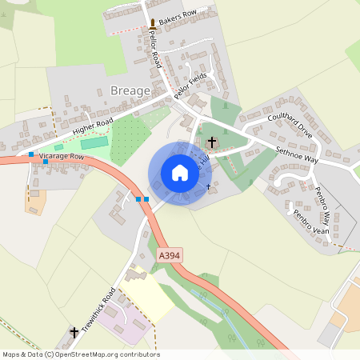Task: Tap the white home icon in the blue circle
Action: [x=180, y=173]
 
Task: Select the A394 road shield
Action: [x=170, y=255]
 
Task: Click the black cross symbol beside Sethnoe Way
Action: [x=212, y=144]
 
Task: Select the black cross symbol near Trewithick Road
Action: [x=74, y=332]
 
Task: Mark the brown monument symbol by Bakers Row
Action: [x=152, y=25]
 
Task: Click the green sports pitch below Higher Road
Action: [x=94, y=142]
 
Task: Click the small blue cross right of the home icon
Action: [x=209, y=186]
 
